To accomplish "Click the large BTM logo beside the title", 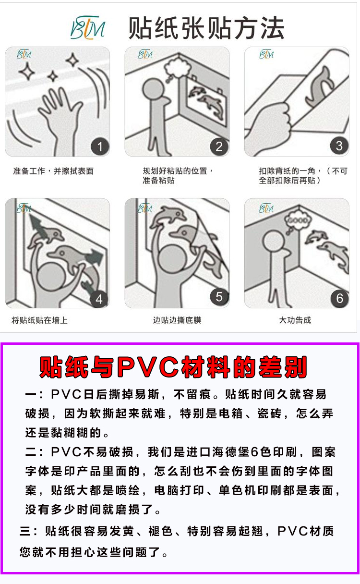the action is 88,28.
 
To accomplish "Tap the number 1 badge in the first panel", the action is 100,146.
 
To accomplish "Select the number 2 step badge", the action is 219,146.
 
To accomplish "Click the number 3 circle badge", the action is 339,146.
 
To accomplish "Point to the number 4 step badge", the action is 99,299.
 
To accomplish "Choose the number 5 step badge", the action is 219,297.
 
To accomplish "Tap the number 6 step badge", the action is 340,298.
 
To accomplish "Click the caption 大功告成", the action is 295,320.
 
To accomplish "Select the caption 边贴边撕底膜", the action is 177,320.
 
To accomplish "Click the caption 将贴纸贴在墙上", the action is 39,320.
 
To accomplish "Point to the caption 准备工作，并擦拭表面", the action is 53,171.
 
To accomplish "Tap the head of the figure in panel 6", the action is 274,241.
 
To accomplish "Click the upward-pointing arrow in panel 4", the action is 36,225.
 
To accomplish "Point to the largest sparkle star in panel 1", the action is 26,71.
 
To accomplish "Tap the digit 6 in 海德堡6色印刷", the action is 254,452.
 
